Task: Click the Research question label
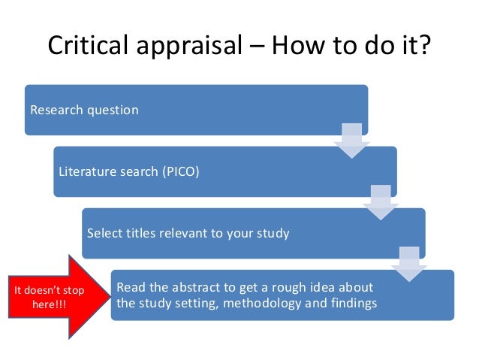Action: coord(84,110)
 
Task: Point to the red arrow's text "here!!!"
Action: coord(49,303)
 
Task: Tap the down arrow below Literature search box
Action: coord(380,202)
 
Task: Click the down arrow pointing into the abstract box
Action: coord(408,263)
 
